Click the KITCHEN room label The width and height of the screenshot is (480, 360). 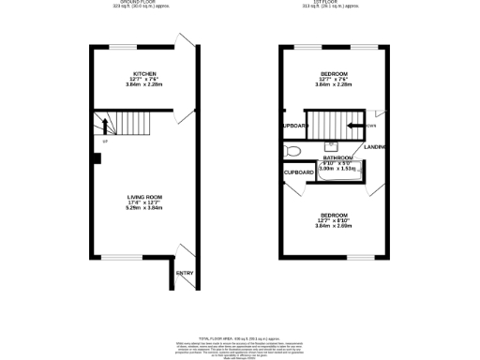(x=144, y=72)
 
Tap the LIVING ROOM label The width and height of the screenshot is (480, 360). (x=144, y=197)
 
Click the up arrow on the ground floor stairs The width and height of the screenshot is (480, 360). (x=105, y=124)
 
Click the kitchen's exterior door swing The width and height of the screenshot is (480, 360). (x=186, y=45)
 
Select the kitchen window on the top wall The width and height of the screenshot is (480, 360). (x=122, y=46)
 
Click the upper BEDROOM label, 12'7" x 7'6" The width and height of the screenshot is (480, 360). (x=334, y=74)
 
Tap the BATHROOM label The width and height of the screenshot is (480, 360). (x=337, y=157)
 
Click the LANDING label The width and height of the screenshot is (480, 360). (x=376, y=146)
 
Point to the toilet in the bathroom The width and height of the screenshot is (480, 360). (x=291, y=150)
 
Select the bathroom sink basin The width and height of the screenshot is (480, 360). (x=331, y=146)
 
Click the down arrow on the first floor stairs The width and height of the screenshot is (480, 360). (x=357, y=125)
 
